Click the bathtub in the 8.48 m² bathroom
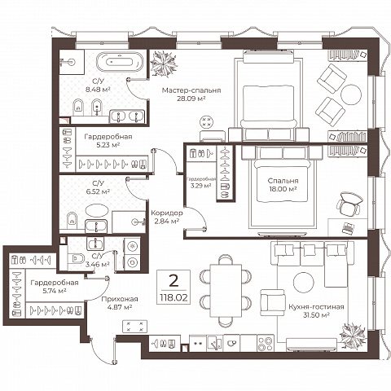point(120,62)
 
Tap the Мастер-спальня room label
point(191,90)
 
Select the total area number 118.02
point(174,298)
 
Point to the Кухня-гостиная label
point(316,307)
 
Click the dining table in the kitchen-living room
point(226,291)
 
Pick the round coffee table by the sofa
point(304,283)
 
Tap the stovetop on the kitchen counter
point(266,344)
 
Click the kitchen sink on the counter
point(214,343)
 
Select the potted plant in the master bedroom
point(164,64)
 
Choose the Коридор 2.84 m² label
point(167,217)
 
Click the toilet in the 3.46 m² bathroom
point(76,258)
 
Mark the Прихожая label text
point(120,299)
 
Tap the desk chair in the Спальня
point(349,204)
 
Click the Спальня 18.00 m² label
point(283,185)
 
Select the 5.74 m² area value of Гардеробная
point(55,291)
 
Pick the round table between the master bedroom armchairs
point(351,94)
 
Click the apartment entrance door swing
point(103,350)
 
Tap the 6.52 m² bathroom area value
point(98,191)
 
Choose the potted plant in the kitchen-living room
point(353,336)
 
